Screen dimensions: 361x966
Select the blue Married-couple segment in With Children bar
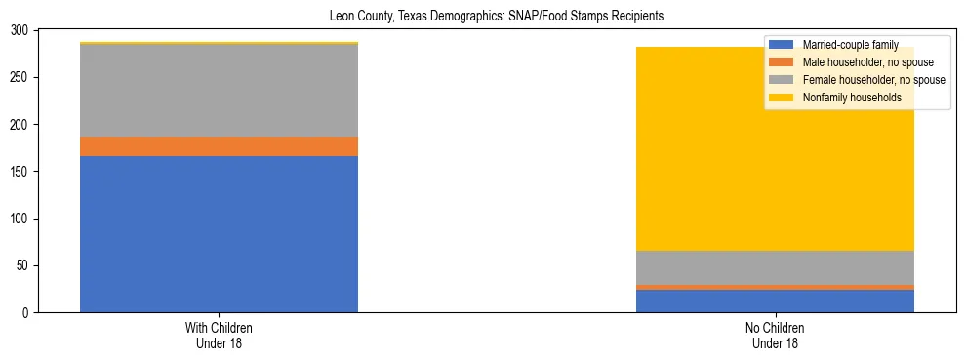(x=219, y=234)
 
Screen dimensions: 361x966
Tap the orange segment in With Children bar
(x=219, y=146)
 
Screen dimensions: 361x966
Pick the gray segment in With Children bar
(x=219, y=91)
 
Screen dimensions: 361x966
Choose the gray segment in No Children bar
(x=775, y=267)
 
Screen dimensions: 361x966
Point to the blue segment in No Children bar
(x=775, y=301)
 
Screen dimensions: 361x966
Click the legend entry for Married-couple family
(x=844, y=45)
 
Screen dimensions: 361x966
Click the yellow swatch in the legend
(x=782, y=98)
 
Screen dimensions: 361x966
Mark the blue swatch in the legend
(x=782, y=45)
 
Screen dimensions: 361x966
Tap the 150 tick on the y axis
(x=19, y=172)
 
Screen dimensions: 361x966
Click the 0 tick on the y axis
(x=24, y=312)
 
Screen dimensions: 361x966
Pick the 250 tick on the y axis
(x=19, y=77)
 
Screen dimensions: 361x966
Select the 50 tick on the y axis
(x=21, y=265)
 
